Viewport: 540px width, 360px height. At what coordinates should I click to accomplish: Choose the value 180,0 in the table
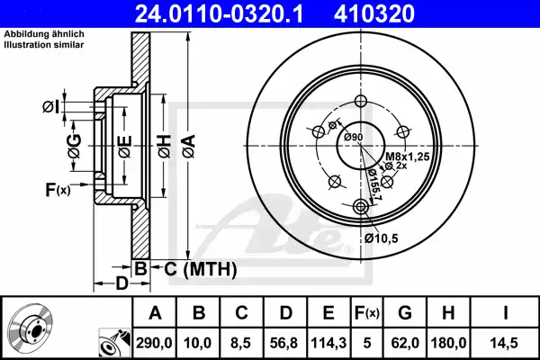[448, 342]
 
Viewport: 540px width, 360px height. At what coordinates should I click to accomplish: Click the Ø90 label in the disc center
[352, 136]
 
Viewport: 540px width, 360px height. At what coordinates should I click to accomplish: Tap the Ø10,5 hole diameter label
[382, 238]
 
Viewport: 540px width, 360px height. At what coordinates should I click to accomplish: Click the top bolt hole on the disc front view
[362, 101]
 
